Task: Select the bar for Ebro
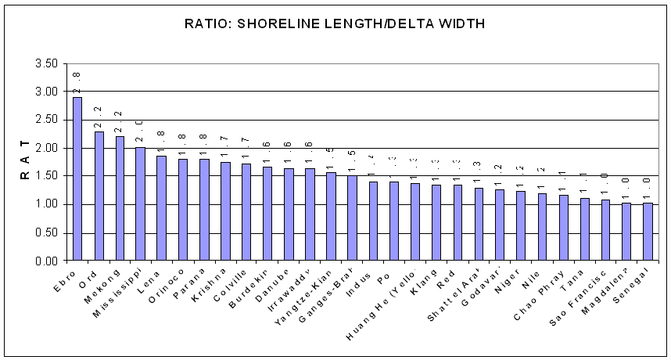coord(77,178)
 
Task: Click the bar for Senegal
coord(648,232)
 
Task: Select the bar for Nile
coord(542,227)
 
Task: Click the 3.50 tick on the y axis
coord(46,63)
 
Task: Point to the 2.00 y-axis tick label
coord(46,148)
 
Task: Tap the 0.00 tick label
coord(46,261)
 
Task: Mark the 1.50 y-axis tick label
coord(46,176)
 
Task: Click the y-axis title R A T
coord(24,161)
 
